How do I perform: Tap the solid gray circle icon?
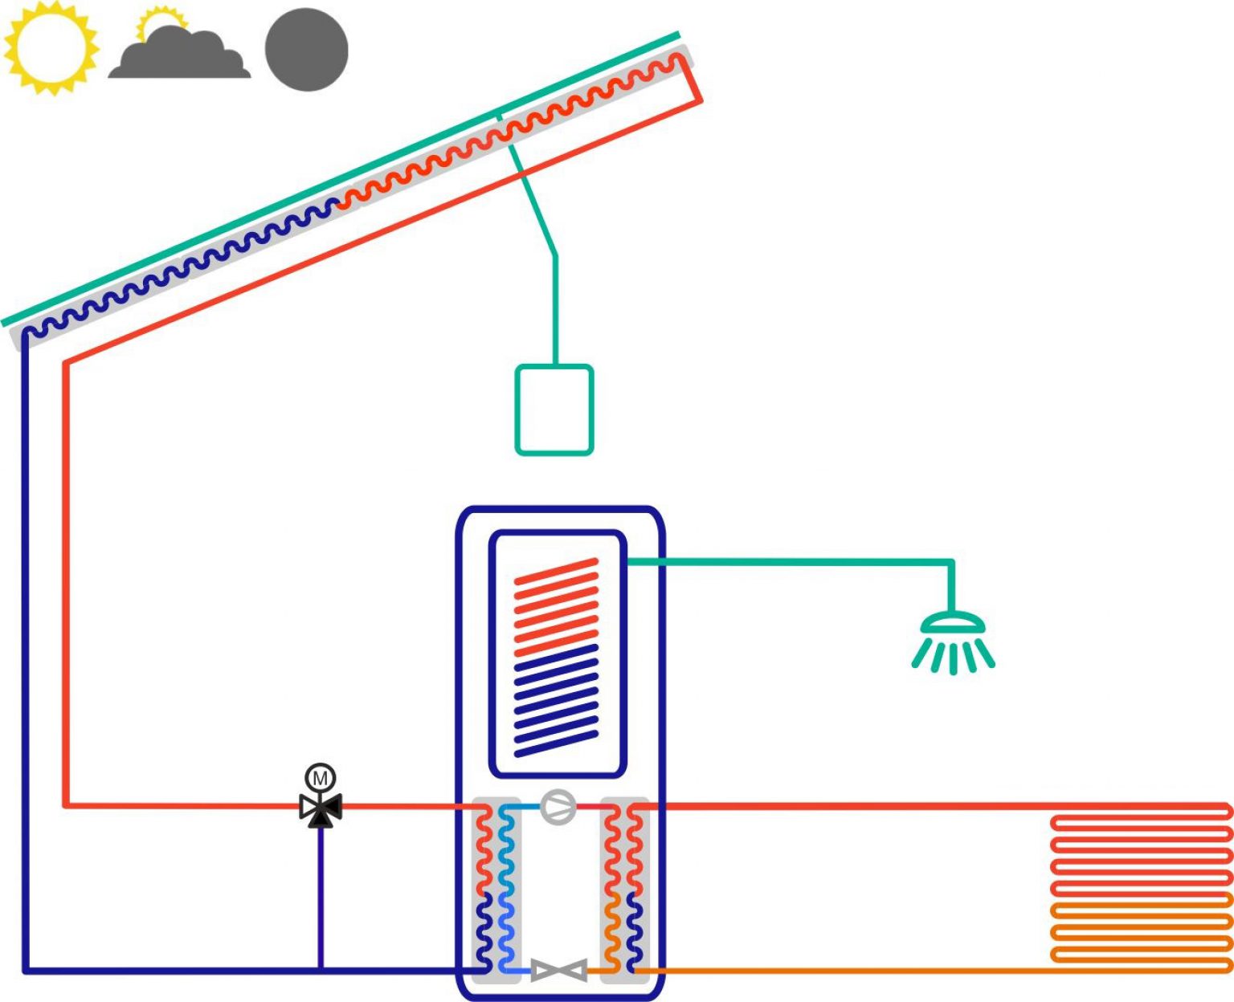coord(306,50)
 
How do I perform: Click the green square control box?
coord(554,409)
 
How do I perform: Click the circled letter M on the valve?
coord(320,777)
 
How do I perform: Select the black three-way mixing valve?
coord(321,809)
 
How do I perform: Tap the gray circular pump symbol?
coord(558,807)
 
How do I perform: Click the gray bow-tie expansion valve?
coord(559,970)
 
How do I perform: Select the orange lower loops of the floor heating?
coord(1141,931)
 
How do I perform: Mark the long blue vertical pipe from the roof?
coord(25,642)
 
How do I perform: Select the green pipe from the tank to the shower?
coord(787,562)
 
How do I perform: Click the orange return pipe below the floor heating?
coord(844,971)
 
